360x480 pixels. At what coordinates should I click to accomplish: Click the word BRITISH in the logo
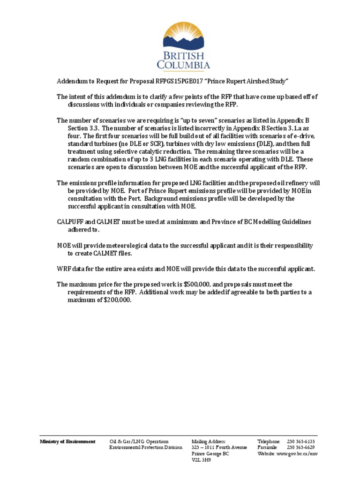click(x=186, y=54)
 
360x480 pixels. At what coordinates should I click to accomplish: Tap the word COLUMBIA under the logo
click(x=186, y=65)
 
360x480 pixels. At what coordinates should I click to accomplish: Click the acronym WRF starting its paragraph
click(x=64, y=269)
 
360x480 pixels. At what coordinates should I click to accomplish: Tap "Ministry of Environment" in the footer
click(x=67, y=442)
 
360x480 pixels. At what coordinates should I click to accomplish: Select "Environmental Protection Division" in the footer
click(x=146, y=448)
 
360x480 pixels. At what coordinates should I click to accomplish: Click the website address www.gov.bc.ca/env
click(x=297, y=454)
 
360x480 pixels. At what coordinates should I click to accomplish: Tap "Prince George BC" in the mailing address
click(x=210, y=454)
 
